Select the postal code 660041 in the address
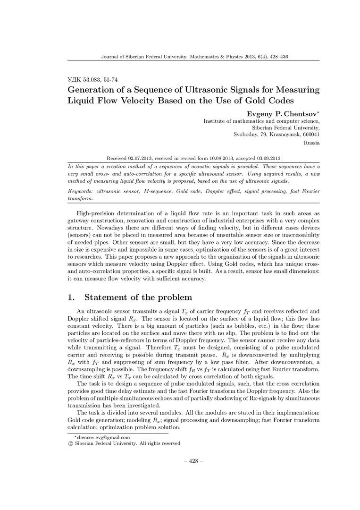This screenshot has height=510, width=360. pyautogui.click(x=310, y=134)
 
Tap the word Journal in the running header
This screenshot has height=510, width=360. pyautogui.click(x=111, y=57)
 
